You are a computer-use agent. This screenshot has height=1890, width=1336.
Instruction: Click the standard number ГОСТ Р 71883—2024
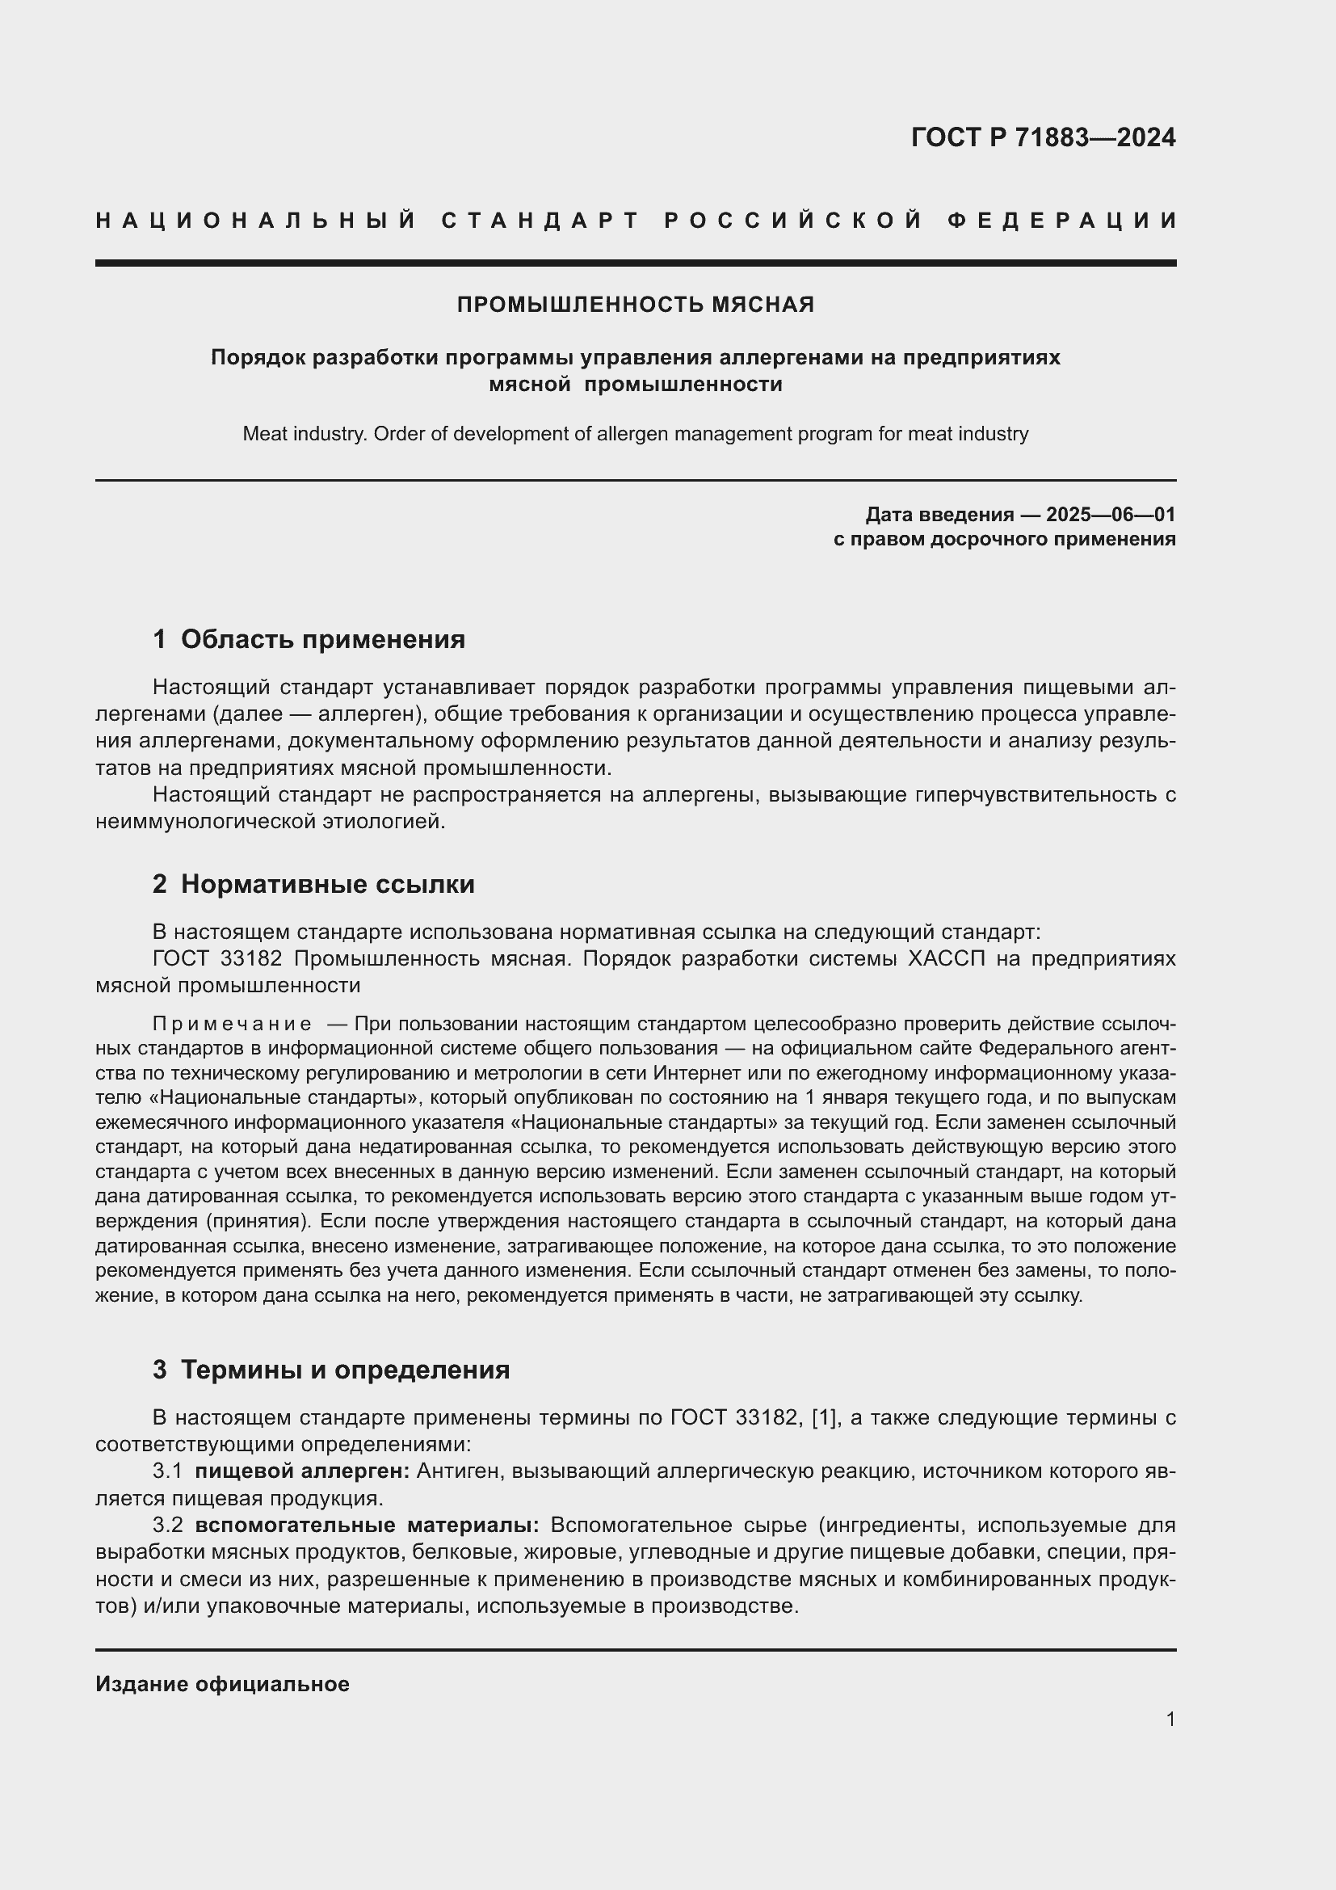(x=1042, y=137)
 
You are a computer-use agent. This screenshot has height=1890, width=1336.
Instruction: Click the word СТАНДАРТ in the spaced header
(x=540, y=221)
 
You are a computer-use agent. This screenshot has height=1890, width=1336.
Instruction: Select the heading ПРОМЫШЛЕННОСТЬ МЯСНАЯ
(x=635, y=305)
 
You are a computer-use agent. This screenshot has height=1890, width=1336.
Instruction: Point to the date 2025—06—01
(x=1111, y=515)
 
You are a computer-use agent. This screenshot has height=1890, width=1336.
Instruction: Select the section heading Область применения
(x=322, y=639)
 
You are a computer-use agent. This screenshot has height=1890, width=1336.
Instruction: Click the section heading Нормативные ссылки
(x=327, y=884)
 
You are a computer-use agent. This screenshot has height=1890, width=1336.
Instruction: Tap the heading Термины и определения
(x=345, y=1370)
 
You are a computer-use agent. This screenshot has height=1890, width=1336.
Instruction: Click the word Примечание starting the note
(x=232, y=1024)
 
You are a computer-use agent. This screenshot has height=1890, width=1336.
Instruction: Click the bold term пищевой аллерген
(x=302, y=1471)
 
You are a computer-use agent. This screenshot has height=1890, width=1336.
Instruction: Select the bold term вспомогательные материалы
(x=367, y=1526)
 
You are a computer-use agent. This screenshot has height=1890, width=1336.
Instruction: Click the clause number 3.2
(x=167, y=1526)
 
